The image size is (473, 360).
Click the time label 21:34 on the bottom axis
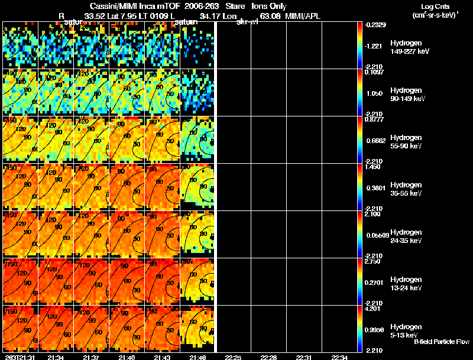click(x=56, y=357)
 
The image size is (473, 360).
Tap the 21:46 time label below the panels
click(x=198, y=357)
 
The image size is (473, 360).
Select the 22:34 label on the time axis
click(x=340, y=357)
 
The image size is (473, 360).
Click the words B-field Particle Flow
click(x=441, y=342)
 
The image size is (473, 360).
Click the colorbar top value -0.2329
click(x=377, y=25)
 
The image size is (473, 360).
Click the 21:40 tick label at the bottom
click(x=127, y=357)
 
